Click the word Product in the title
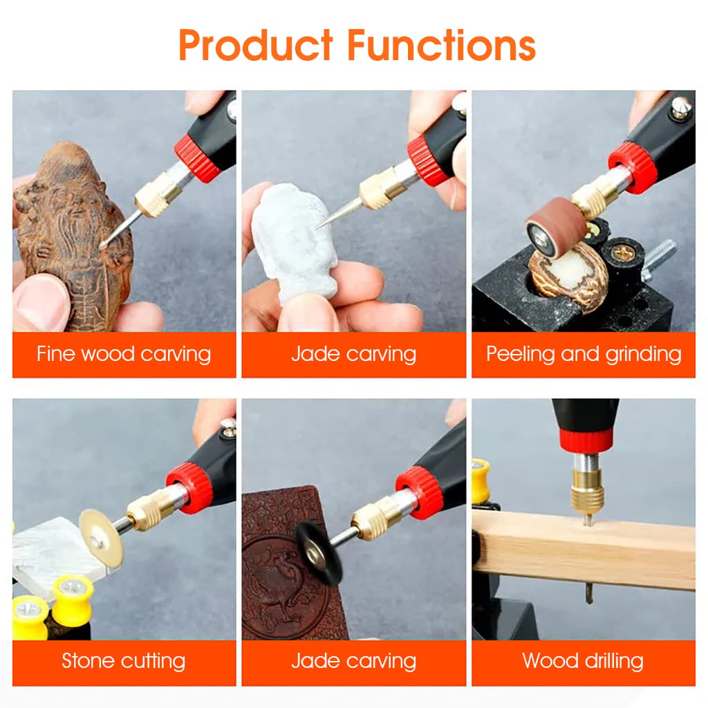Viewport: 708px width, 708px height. (257, 45)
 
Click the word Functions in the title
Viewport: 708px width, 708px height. (441, 45)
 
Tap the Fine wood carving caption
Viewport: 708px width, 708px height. (124, 354)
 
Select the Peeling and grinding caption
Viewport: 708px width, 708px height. (584, 354)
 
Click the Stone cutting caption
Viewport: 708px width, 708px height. (124, 660)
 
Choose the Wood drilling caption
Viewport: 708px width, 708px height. (584, 660)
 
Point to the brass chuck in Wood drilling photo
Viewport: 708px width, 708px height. (587, 490)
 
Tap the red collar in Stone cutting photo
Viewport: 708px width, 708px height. (189, 487)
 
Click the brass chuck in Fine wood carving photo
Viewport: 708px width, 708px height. (157, 196)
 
